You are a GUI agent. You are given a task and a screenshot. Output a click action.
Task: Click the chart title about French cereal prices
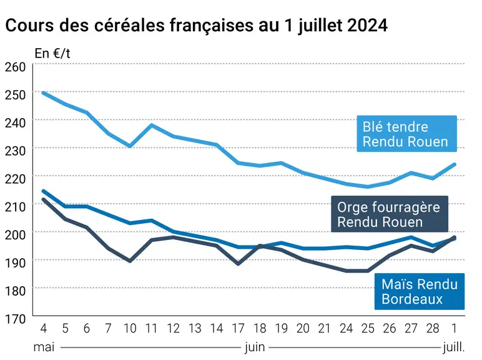[x=197, y=26]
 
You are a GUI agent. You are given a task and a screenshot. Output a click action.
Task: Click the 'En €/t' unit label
[x=52, y=54]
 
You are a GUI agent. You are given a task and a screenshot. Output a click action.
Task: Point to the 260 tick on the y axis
[x=16, y=67]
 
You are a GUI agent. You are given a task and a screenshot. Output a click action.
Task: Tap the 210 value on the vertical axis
[x=16, y=207]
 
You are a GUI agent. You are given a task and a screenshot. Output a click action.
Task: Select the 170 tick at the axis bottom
[x=16, y=319]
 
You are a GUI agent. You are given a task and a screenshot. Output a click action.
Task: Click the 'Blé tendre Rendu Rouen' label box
[x=406, y=134]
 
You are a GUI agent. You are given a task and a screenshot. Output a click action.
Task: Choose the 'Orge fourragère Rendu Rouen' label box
[x=390, y=214]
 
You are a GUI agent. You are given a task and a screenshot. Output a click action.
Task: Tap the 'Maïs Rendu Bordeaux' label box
[x=420, y=291]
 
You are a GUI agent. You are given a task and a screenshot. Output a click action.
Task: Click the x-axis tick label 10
[x=130, y=329]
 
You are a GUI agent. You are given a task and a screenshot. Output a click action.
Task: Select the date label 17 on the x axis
[x=239, y=329]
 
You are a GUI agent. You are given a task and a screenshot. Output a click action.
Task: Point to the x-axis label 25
[x=368, y=329]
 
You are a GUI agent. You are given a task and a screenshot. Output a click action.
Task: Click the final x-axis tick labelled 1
[x=455, y=329]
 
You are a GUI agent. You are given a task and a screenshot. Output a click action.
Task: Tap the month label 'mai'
[x=44, y=347]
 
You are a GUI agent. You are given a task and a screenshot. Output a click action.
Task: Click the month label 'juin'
[x=255, y=347]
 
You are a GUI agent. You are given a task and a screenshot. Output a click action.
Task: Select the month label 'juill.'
[x=454, y=347]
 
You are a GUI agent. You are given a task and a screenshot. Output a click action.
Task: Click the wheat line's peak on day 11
[x=152, y=125]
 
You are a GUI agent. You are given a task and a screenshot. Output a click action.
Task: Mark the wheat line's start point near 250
[x=43, y=92]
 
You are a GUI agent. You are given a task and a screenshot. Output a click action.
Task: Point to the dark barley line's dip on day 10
[x=130, y=261]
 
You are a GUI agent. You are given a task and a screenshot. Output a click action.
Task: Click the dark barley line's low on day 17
[x=239, y=264]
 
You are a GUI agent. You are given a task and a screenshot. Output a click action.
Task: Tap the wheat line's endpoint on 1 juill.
[x=455, y=164]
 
